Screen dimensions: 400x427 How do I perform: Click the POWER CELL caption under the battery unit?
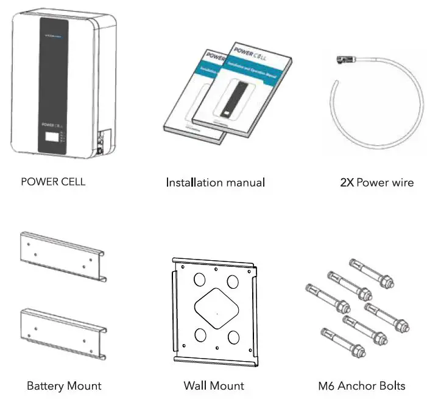tap(53, 182)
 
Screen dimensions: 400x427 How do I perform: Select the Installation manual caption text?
tap(215, 182)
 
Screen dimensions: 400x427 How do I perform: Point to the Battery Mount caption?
tap(64, 385)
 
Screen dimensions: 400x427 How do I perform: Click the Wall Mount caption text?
tap(214, 385)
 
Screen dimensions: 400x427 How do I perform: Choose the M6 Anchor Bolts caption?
tap(361, 385)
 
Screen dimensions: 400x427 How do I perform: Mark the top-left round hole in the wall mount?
tap(198, 280)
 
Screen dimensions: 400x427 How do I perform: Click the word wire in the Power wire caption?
tap(402, 182)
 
